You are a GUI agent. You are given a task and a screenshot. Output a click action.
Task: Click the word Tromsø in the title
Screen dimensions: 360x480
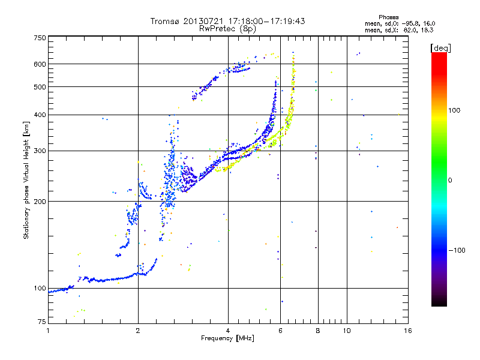(164, 21)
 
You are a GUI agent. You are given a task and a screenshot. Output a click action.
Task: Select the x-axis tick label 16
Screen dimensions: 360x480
(407, 331)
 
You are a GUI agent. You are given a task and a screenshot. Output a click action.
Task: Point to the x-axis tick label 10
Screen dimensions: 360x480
(346, 331)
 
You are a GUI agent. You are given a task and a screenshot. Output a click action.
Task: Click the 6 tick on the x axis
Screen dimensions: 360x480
(280, 331)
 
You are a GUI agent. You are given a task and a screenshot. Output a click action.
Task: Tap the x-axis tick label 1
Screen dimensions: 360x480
(49, 331)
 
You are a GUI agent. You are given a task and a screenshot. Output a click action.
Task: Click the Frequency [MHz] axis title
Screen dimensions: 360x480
(227, 338)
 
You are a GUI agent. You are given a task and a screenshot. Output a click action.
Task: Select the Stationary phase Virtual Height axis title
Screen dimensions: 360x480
(26, 180)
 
